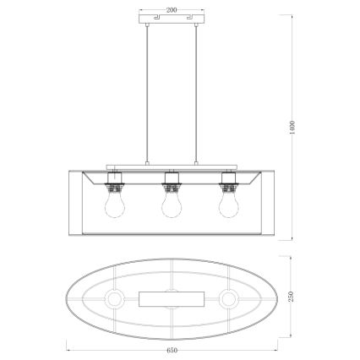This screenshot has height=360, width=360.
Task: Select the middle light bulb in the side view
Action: click(x=172, y=205)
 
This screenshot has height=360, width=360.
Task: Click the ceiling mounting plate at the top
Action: click(x=172, y=18)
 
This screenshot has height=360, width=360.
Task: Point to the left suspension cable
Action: click(x=150, y=93)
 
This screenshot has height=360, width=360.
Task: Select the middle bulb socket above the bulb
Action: click(x=172, y=182)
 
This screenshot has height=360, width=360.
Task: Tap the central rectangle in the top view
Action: click(x=172, y=297)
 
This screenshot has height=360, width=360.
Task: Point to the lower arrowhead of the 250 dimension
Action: click(x=292, y=335)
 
